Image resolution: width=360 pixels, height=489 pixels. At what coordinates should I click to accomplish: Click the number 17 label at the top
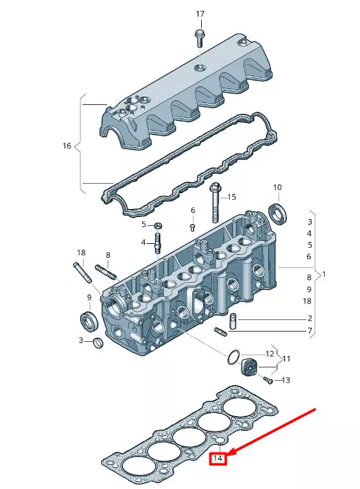200,14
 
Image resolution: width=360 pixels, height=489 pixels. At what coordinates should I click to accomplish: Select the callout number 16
67,146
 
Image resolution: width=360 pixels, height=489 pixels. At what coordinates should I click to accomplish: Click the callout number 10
277,188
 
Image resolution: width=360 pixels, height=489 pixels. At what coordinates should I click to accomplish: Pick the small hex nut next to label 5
158,226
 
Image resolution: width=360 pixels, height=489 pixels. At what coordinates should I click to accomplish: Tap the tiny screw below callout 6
192,226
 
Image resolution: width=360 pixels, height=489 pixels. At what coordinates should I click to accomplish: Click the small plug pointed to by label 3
97,344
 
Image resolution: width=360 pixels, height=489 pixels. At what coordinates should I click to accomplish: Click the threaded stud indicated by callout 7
221,331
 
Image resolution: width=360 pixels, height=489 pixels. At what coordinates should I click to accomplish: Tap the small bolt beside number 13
268,380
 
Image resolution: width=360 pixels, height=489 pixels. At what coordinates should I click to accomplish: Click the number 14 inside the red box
218,458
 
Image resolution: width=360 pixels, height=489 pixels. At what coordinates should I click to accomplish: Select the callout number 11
286,358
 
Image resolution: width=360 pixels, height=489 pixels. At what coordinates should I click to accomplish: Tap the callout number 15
231,196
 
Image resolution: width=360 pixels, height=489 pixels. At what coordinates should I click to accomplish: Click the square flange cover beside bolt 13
249,369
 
